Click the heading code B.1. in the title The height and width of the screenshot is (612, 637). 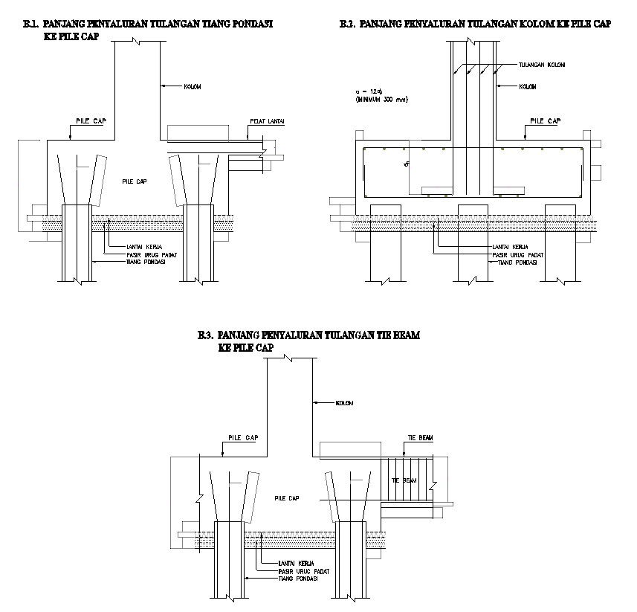[31, 24]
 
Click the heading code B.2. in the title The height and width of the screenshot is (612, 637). [346, 24]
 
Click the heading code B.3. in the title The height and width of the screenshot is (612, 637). [207, 335]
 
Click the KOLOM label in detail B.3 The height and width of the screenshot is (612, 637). [343, 403]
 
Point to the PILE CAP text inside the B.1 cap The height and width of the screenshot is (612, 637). [133, 181]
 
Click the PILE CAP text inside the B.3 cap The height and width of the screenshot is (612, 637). [286, 498]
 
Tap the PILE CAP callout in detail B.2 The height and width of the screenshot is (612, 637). [546, 120]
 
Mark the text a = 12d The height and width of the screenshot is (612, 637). [369, 91]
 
